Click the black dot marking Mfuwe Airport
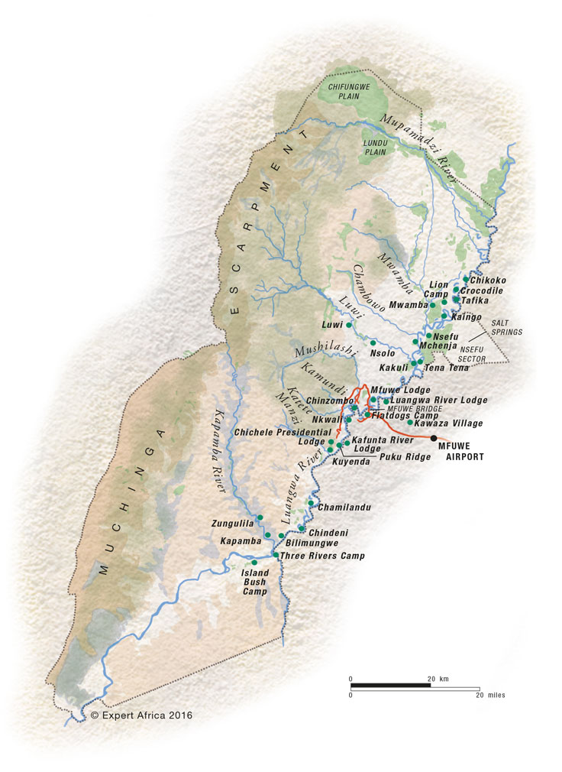click(434, 438)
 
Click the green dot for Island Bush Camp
click(254, 563)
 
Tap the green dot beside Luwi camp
click(349, 325)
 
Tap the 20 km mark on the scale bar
click(431, 679)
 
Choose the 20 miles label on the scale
click(489, 695)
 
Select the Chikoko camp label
click(489, 281)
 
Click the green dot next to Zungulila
click(260, 517)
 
